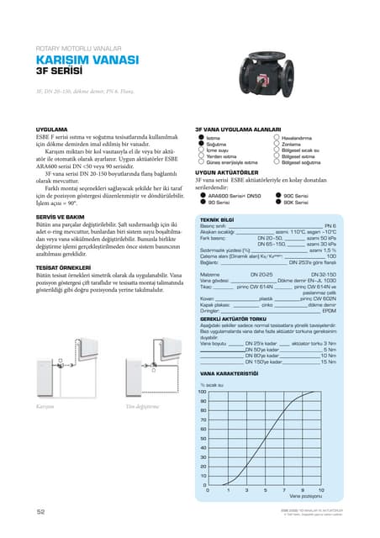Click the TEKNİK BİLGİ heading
217,219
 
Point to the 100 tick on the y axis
202,392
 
